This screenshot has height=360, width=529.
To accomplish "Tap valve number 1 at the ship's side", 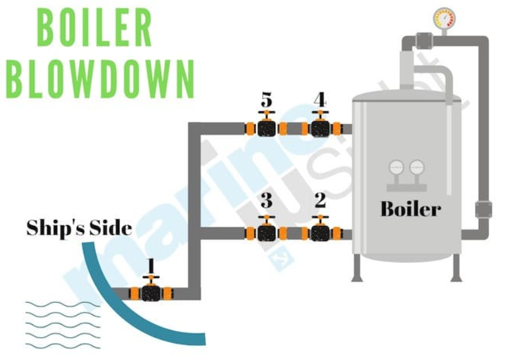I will (151, 292).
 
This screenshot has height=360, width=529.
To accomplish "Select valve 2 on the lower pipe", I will (319, 233).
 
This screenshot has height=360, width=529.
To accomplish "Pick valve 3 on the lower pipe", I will (266, 233).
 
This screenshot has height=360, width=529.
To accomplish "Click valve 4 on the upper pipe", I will (319, 128).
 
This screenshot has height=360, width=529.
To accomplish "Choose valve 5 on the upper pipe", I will (266, 128).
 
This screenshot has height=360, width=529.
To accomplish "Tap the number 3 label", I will (266, 201).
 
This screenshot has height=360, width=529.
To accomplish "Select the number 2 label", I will (320, 201).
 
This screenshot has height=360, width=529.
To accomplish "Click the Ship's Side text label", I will (79, 228).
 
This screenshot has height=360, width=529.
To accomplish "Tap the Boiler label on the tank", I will (410, 209).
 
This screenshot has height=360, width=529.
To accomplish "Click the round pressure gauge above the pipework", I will (444, 18).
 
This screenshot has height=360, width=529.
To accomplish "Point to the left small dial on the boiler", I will (396, 167).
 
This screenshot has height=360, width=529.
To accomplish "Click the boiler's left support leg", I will (357, 268).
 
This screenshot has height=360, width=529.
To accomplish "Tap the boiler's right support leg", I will (456, 268).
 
